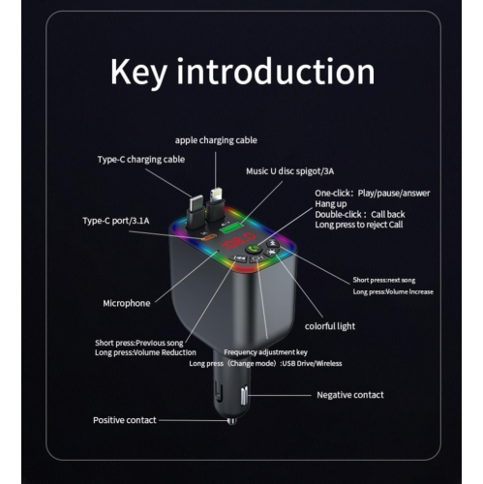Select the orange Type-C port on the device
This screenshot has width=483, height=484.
pyautogui.click(x=207, y=238)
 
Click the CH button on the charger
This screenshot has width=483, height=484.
pyautogui.click(x=258, y=257)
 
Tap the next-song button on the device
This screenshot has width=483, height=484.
pyautogui.click(x=273, y=243)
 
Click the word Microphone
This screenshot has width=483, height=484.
pyautogui.click(x=127, y=303)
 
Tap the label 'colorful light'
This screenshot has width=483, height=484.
pyautogui.click(x=330, y=326)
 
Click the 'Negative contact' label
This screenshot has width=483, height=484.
pyautogui.click(x=350, y=395)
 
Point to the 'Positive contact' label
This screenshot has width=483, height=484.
pyautogui.click(x=125, y=420)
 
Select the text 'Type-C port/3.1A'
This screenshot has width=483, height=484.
pyautogui.click(x=116, y=221)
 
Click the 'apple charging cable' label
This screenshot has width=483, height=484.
pyautogui.click(x=216, y=140)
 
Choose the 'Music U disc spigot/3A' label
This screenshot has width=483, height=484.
pyautogui.click(x=289, y=171)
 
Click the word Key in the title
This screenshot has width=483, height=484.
pyautogui.click(x=138, y=72)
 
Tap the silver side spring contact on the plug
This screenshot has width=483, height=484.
pyautogui.click(x=244, y=395)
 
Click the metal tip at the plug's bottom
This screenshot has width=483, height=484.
pyautogui.click(x=232, y=421)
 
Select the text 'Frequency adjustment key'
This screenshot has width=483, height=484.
pyautogui.click(x=265, y=352)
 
